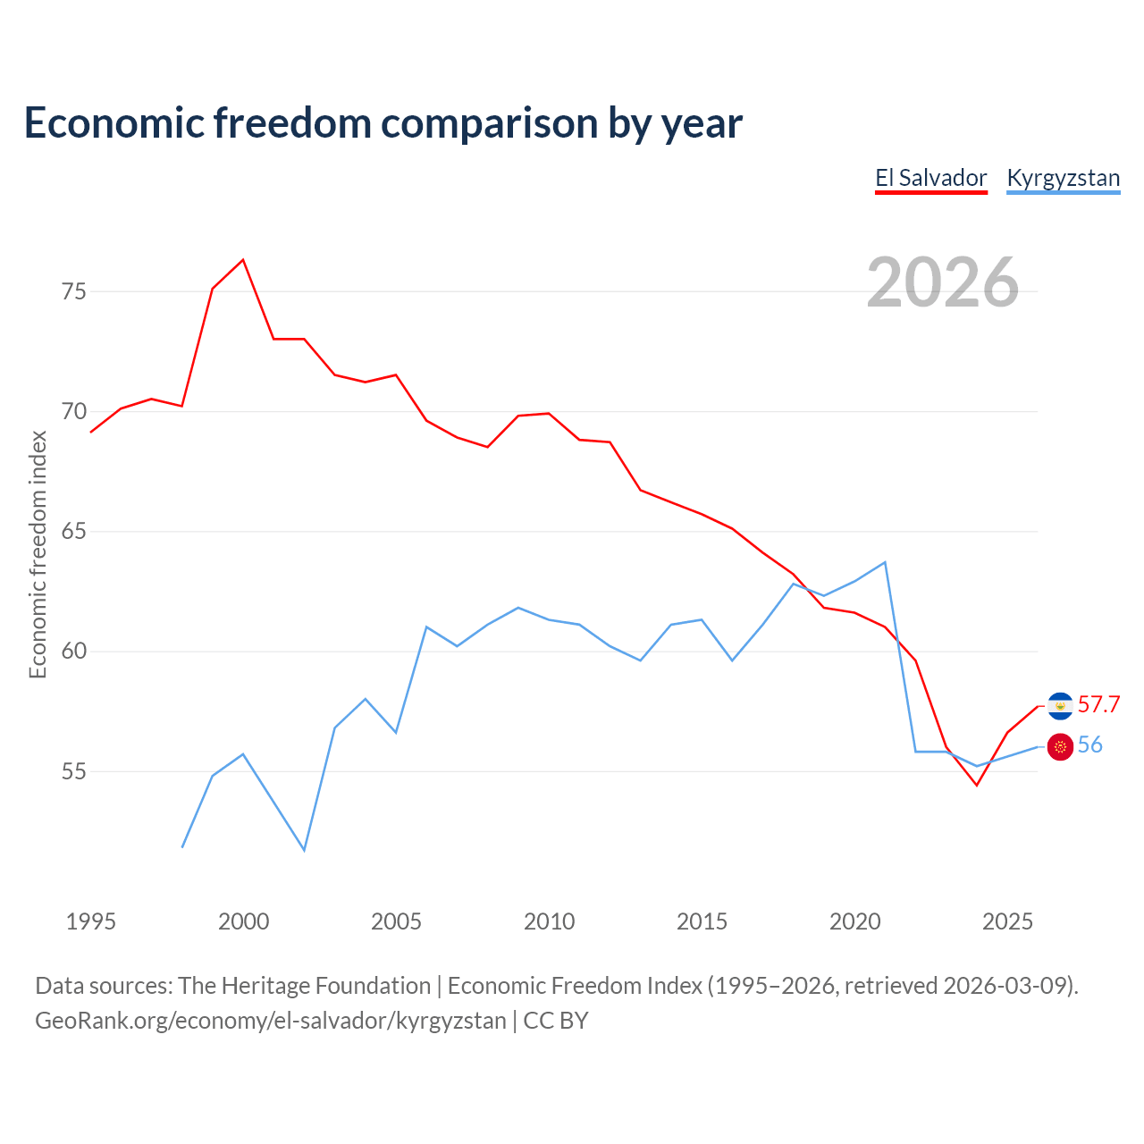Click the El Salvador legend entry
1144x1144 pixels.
click(930, 178)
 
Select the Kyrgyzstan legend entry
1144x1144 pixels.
click(1063, 178)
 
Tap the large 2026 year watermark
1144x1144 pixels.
click(942, 282)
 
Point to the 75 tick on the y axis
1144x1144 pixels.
click(74, 291)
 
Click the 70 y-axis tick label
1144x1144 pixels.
click(74, 412)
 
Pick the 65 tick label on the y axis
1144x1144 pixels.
click(74, 532)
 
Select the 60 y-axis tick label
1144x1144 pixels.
click(74, 652)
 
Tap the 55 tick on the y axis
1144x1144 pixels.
click(74, 771)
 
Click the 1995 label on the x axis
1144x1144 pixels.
click(90, 921)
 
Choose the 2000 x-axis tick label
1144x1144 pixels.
click(243, 921)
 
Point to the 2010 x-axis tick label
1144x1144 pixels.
click(549, 921)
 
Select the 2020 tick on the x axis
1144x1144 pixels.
click(854, 921)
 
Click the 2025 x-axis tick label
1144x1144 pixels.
click(1007, 921)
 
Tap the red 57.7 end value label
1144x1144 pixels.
click(1098, 705)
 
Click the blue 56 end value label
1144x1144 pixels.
click(1089, 745)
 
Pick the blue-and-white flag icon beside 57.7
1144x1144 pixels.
click(1060, 706)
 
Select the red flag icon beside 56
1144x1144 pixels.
click(1060, 747)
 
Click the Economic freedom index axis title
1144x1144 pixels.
click(38, 554)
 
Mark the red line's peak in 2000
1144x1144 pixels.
click(243, 260)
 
